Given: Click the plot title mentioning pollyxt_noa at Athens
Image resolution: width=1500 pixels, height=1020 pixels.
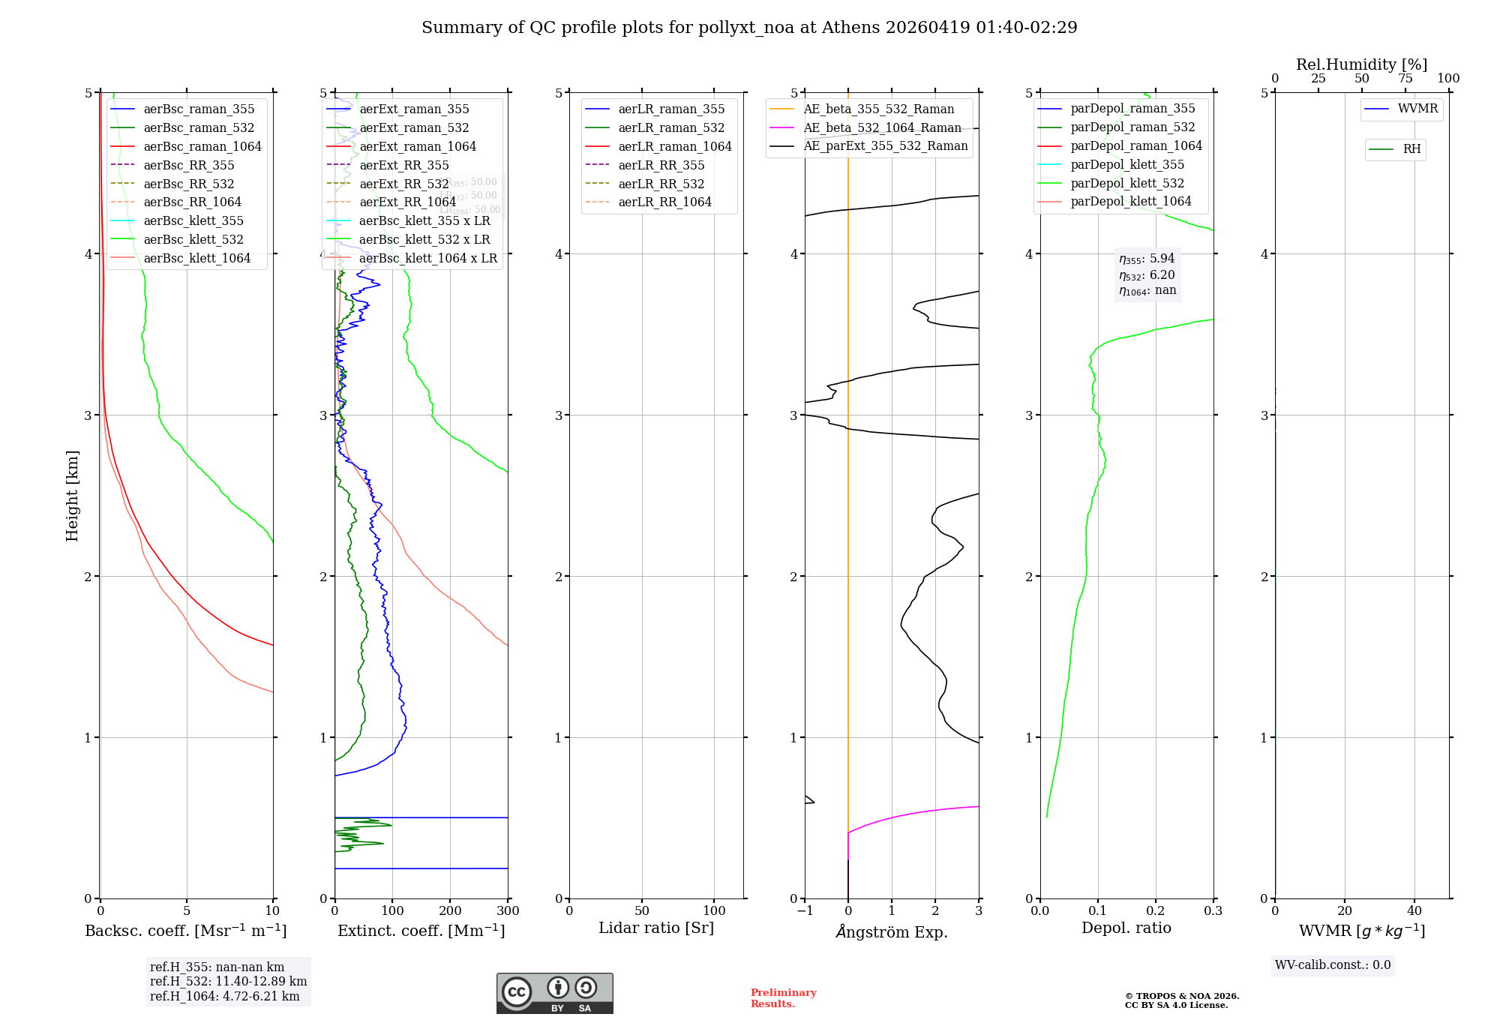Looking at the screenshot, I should pos(749,28).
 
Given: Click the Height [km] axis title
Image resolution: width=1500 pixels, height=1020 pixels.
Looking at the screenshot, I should pos(72,496).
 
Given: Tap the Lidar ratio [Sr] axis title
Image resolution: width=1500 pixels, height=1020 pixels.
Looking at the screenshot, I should pos(656,928).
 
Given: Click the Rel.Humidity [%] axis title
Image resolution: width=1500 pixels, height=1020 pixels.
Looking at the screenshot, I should pos(1361,64).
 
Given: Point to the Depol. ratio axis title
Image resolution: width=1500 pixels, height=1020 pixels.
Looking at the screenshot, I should pos(1126,928).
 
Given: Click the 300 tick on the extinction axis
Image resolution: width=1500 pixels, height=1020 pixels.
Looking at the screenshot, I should pos(508,911).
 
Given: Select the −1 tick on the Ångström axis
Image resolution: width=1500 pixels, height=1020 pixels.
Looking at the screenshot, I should pos(805,911).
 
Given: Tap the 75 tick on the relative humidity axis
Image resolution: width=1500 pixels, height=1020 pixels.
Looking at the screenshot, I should pos(1405,79).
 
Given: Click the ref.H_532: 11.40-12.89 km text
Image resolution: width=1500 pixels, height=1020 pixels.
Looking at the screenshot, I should pos(228,981).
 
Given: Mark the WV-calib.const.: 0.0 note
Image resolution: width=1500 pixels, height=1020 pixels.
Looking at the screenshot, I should pos(1333,965).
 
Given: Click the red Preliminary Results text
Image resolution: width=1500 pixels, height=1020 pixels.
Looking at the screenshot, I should pos(783,998).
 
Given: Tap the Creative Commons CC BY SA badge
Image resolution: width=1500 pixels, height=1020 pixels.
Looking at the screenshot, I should pos(554,994).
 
